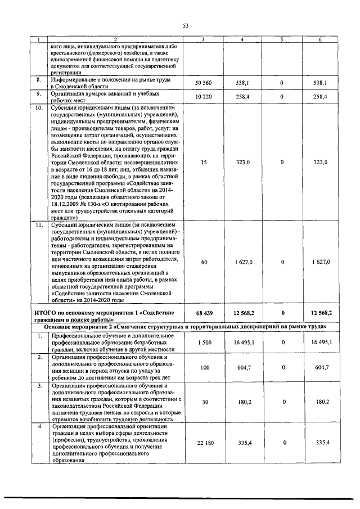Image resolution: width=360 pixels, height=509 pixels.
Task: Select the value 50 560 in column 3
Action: point(205,83)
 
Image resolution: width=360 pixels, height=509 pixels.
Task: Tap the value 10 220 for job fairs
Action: point(205,97)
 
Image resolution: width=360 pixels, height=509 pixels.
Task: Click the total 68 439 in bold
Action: point(205,313)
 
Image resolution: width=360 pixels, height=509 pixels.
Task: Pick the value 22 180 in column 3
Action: point(205,444)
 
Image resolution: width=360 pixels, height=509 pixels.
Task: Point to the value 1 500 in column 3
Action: point(205,342)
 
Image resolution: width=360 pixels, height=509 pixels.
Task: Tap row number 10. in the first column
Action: point(38,107)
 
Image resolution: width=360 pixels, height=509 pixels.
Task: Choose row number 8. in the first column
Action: point(38,79)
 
